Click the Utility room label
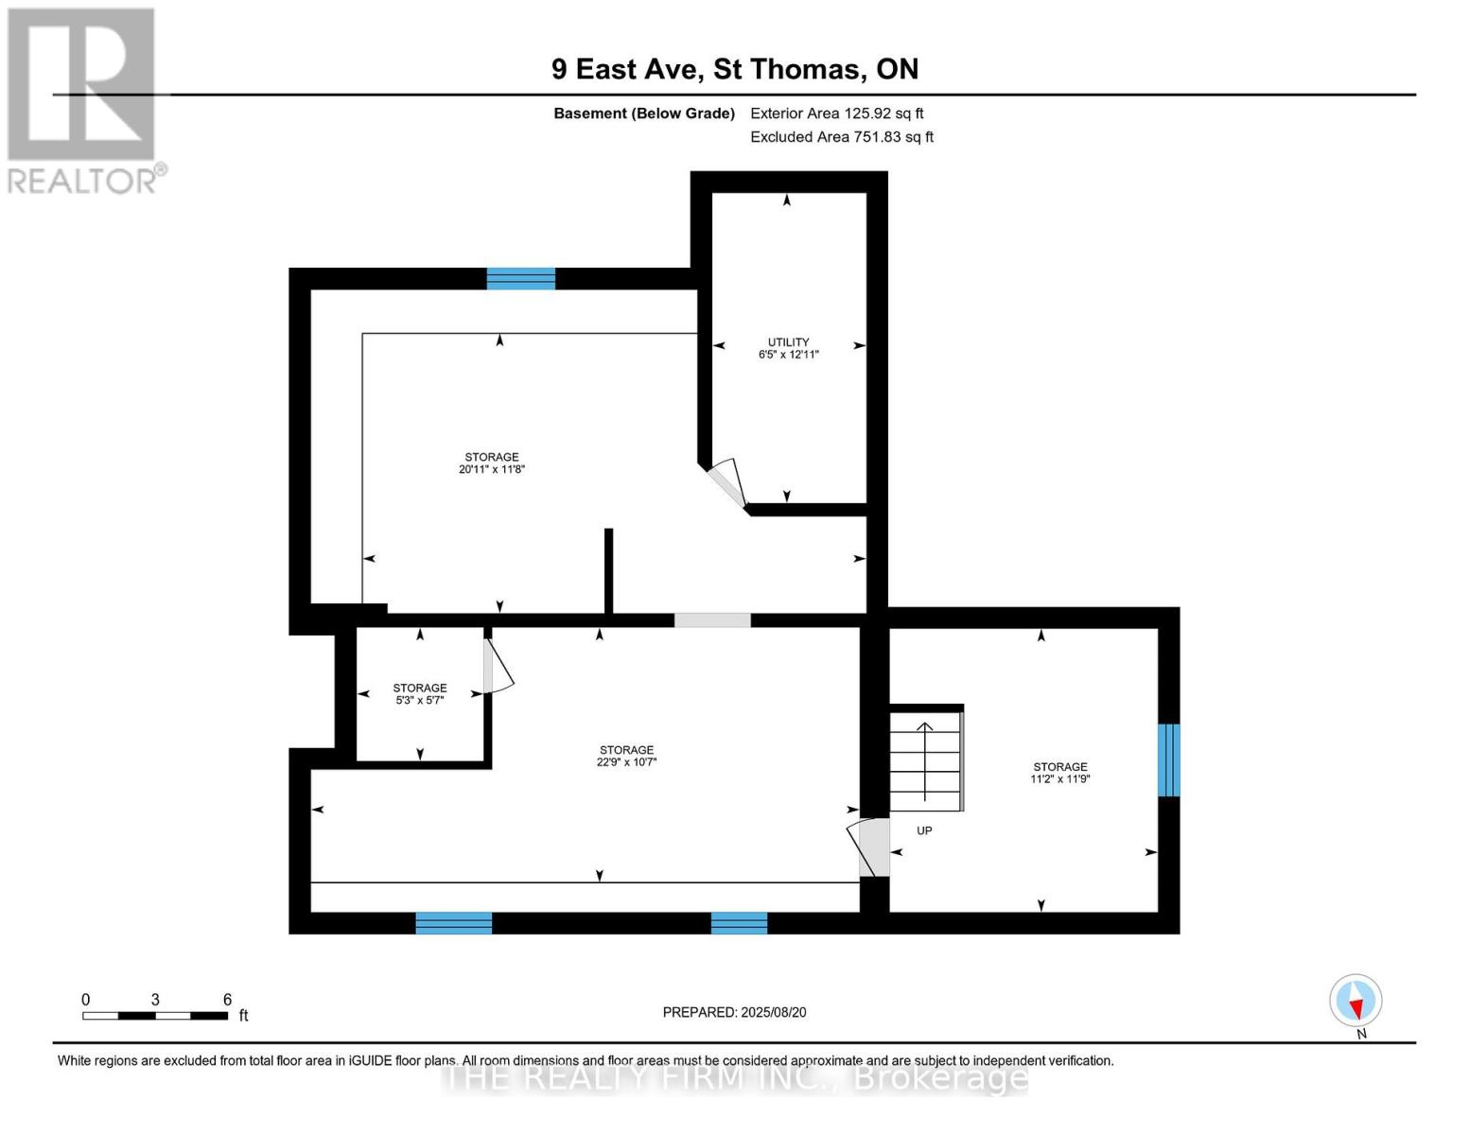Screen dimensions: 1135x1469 click(788, 342)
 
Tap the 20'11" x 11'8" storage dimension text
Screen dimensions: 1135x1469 click(491, 469)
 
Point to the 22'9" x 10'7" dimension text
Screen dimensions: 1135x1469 click(626, 762)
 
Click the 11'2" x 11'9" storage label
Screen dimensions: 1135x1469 click(1059, 774)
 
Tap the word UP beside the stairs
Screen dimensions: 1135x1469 click(924, 830)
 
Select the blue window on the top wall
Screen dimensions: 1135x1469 click(520, 278)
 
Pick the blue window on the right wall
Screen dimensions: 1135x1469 click(1169, 760)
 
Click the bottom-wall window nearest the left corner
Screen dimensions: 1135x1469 click(454, 923)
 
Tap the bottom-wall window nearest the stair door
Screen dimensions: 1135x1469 click(739, 923)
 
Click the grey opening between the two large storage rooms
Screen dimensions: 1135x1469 click(712, 620)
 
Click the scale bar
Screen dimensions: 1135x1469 click(155, 1016)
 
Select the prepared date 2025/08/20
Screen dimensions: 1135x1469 click(734, 1012)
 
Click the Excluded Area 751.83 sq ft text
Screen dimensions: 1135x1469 click(841, 137)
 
